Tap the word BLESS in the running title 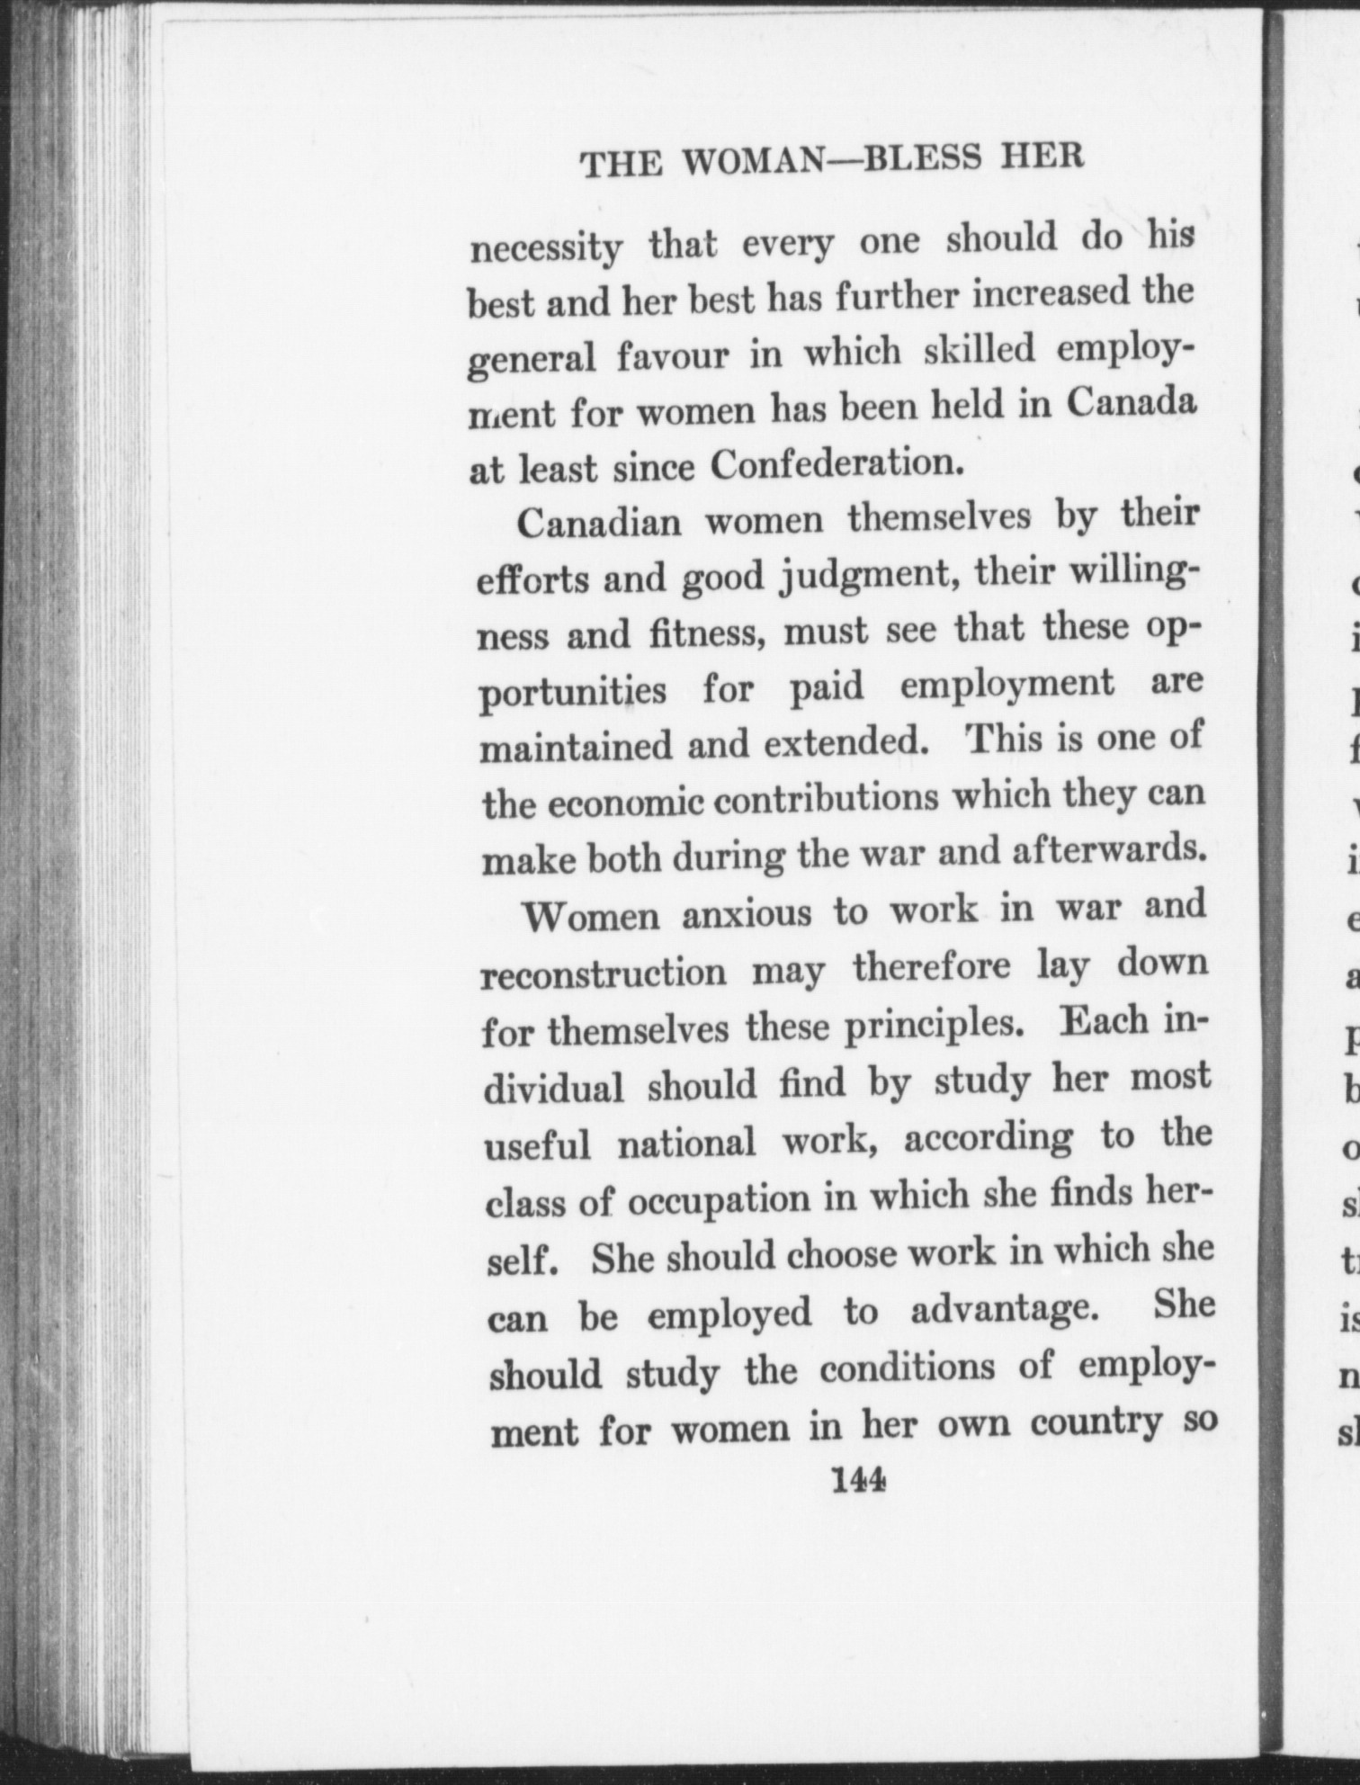(909, 158)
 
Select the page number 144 (860, 1478)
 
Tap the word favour (673, 357)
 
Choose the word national (686, 1144)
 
